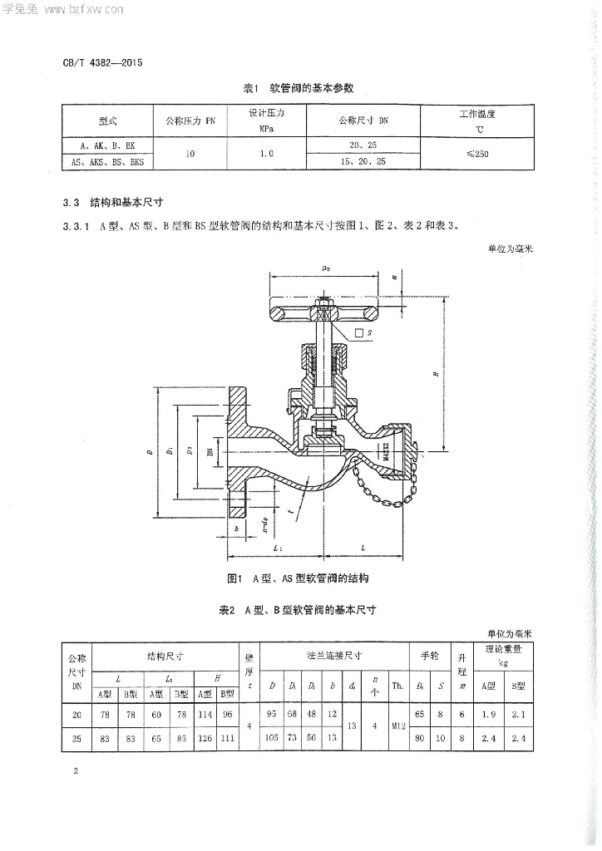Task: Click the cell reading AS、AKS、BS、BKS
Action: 108,163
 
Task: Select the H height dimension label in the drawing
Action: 436,374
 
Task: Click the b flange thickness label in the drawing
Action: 237,529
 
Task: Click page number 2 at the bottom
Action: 76,772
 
